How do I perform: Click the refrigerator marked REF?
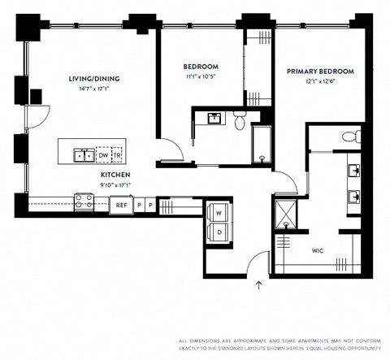point(120,205)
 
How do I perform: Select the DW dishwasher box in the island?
point(103,154)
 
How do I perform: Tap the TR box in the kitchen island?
point(116,154)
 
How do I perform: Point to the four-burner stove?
point(84,202)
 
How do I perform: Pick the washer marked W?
point(219,212)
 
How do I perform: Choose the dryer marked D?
point(219,231)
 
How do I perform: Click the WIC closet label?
point(318,251)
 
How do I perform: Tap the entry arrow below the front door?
point(259,285)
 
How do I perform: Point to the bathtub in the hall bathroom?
point(264,145)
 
